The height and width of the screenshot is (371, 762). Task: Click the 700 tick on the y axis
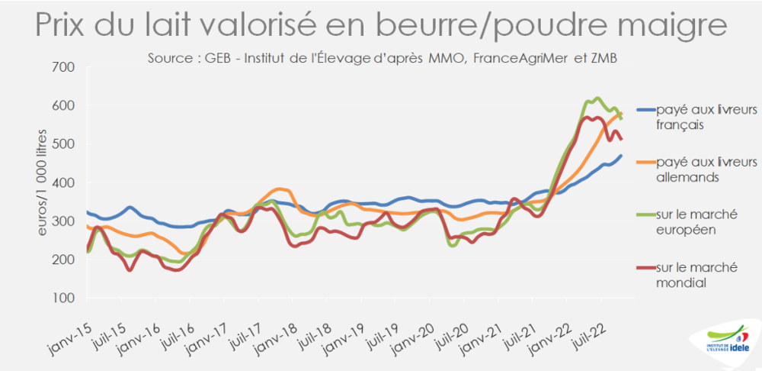point(63,67)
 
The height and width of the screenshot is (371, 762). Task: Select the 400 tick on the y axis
point(63,182)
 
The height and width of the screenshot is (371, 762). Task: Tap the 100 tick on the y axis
point(63,298)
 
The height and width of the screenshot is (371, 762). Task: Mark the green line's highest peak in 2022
point(597,98)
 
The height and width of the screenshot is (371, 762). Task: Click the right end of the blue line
point(621,156)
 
